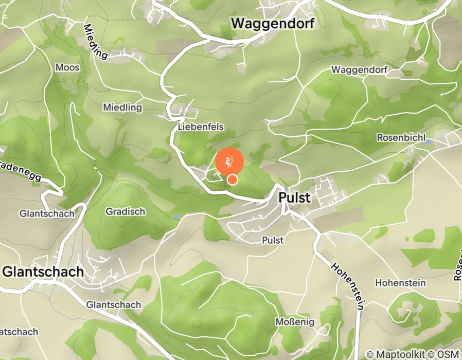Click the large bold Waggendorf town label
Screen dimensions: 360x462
[272, 23]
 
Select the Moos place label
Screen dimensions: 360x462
[67, 67]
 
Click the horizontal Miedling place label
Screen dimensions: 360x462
[122, 107]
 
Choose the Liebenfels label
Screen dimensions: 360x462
[201, 126]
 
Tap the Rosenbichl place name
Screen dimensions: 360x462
[401, 138]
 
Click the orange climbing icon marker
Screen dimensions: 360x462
[229, 161]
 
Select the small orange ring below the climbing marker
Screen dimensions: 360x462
[233, 179]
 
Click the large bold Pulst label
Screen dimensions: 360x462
[295, 197]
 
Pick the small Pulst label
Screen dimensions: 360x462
[273, 240]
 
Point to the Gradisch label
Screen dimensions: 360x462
[126, 211]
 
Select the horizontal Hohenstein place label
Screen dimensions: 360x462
[400, 282]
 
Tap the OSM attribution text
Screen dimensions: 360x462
[448, 354]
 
